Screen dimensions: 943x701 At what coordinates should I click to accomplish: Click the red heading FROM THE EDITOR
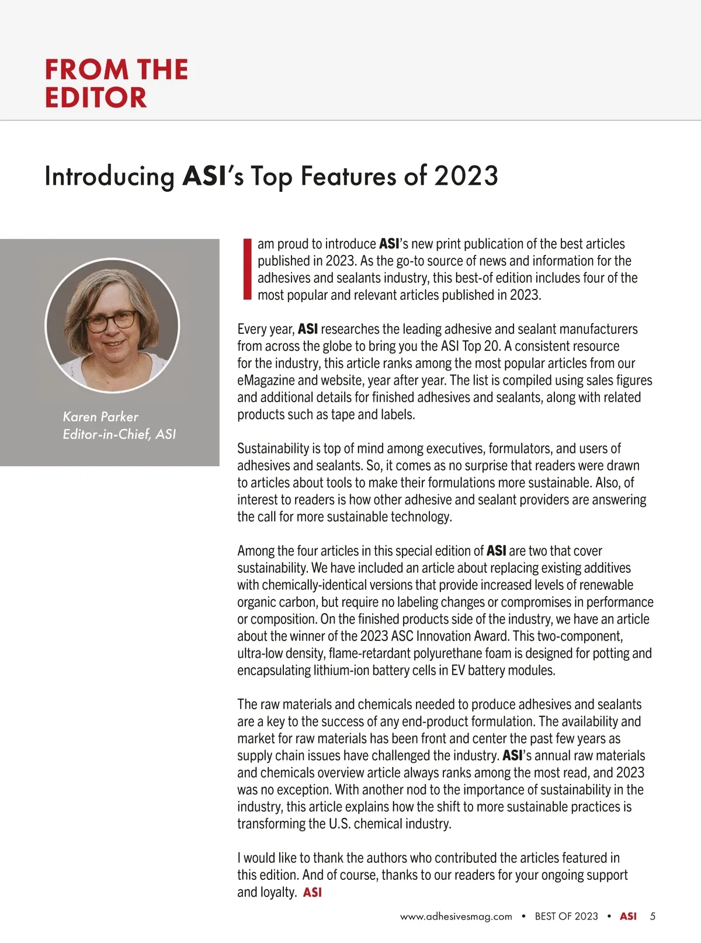(116, 83)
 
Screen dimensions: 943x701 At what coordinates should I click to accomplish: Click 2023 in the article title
(466, 175)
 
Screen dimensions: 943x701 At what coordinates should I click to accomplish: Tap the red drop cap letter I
(247, 269)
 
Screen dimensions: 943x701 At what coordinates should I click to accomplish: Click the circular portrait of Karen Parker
(112, 325)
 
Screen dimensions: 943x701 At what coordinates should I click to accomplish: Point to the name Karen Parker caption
(100, 417)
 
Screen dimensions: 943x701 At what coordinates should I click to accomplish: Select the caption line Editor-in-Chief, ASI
(119, 434)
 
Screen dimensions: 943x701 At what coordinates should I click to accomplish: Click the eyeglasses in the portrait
(111, 320)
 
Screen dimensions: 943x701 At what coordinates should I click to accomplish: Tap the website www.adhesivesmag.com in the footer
(456, 917)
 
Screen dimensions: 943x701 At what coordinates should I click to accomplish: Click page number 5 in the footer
(653, 917)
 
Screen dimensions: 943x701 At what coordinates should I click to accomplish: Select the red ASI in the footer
(628, 917)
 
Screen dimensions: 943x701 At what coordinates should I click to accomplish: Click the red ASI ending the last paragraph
(313, 893)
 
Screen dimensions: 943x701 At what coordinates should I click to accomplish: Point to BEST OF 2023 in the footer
(566, 917)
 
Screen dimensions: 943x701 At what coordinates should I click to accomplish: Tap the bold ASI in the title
(204, 175)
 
